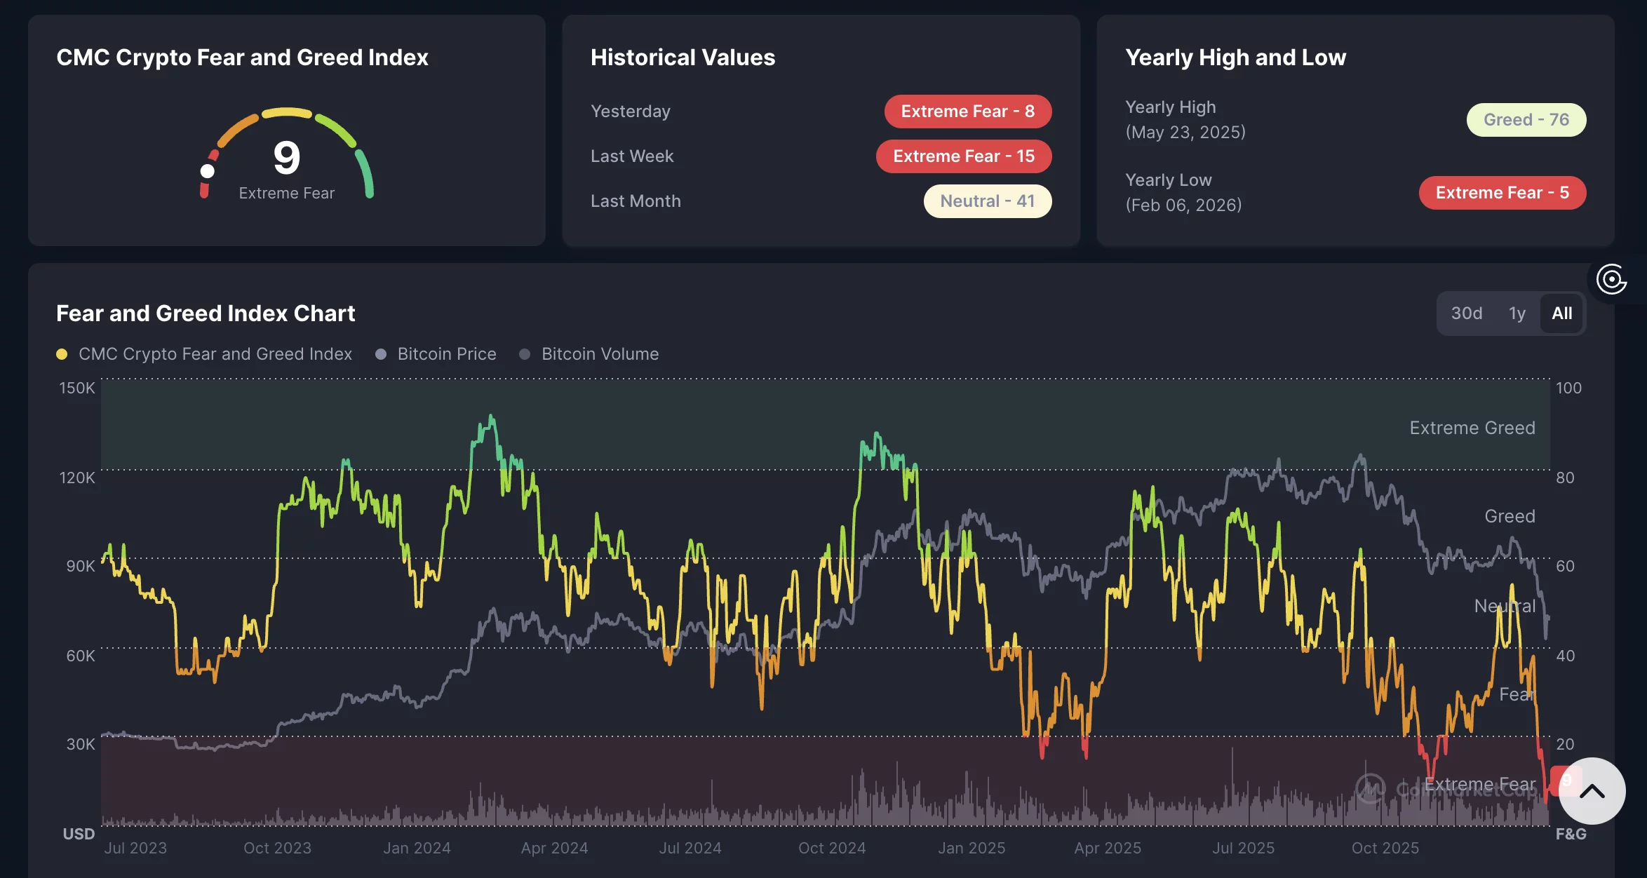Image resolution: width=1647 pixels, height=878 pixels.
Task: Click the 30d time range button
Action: click(x=1466, y=313)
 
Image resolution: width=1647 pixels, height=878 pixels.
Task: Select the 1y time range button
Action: click(x=1517, y=313)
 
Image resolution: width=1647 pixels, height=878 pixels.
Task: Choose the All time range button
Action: click(x=1561, y=313)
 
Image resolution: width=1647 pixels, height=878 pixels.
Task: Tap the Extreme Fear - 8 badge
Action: click(x=967, y=112)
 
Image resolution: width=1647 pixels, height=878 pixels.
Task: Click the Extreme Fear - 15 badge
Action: click(x=963, y=156)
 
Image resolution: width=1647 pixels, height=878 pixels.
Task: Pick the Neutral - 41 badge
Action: click(x=987, y=201)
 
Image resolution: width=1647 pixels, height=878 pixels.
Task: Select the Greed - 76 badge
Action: click(x=1526, y=120)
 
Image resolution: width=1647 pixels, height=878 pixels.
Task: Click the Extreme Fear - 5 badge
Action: click(x=1502, y=193)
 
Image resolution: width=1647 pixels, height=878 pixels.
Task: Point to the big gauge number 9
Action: click(x=286, y=157)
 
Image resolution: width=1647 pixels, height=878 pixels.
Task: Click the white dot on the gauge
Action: click(x=207, y=171)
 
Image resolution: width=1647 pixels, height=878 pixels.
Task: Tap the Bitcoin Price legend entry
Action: click(x=446, y=354)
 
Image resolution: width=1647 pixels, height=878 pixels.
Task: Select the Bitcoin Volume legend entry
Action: click(x=600, y=354)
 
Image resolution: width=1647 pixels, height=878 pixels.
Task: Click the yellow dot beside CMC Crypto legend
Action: click(x=62, y=354)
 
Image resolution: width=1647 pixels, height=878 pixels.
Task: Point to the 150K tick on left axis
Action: click(x=77, y=388)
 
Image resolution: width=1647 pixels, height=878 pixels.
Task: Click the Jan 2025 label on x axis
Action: click(x=972, y=848)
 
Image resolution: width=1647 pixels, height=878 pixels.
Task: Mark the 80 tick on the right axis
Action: click(x=1565, y=478)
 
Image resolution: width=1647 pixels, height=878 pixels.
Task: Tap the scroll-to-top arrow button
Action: click(x=1592, y=791)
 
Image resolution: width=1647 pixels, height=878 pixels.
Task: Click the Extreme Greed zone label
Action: click(x=1472, y=428)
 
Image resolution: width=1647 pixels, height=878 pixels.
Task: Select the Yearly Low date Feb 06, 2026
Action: click(x=1183, y=205)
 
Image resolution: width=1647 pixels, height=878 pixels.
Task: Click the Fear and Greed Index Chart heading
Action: click(x=206, y=313)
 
